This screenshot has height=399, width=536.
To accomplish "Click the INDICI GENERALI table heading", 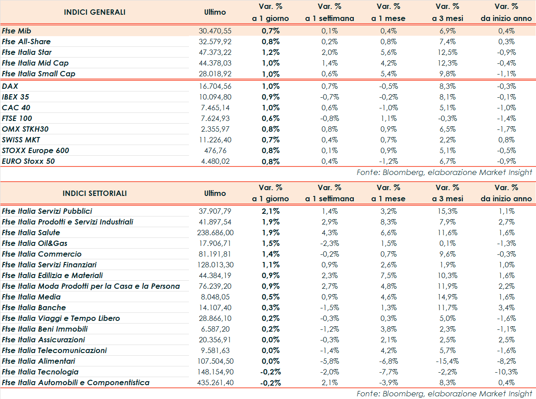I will [x=95, y=12].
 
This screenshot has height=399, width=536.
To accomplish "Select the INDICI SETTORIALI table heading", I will [x=95, y=193].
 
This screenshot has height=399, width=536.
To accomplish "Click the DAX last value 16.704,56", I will [x=215, y=86].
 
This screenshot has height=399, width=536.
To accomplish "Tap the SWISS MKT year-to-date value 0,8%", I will [x=507, y=140].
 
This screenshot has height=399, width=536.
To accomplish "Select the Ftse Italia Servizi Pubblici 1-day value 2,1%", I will [x=271, y=211].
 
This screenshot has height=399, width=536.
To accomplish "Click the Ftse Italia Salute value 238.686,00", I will [x=215, y=233].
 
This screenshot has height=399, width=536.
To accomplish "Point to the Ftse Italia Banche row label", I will [x=34, y=308].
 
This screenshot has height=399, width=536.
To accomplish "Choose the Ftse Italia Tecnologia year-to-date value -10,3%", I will [x=507, y=372].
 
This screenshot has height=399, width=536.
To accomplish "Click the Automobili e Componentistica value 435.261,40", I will [x=215, y=382].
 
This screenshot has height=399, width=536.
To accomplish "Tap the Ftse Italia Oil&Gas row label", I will [x=35, y=243].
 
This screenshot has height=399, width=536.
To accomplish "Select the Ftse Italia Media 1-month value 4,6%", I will [x=388, y=297].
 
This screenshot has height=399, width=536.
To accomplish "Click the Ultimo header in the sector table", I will [x=215, y=193].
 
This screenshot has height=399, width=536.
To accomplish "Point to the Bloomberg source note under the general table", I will [x=444, y=172].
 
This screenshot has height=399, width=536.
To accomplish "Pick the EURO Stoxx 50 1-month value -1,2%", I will [x=388, y=161].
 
